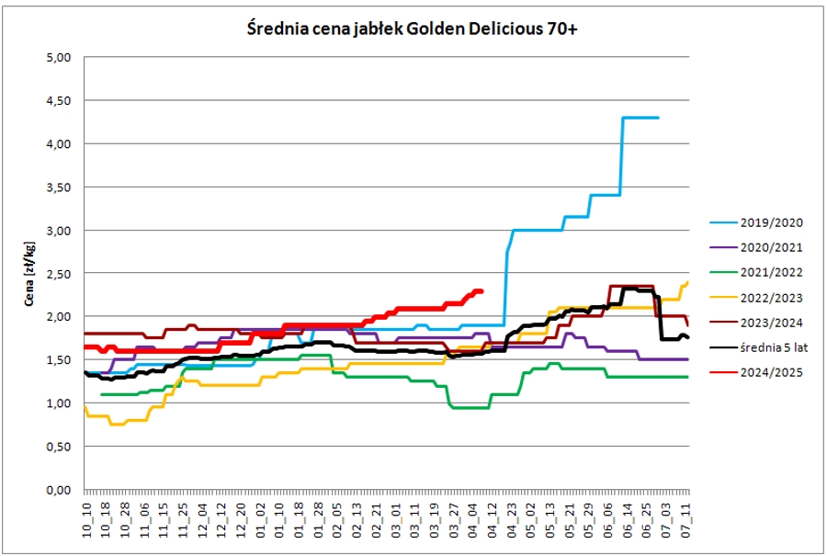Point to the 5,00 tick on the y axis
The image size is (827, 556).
pyautogui.click(x=59, y=57)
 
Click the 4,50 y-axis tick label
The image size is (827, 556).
pyautogui.click(x=59, y=100)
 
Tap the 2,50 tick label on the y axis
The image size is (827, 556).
pyautogui.click(x=59, y=273)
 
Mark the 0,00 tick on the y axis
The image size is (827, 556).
pyautogui.click(x=59, y=489)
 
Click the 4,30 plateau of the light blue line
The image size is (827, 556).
pyautogui.click(x=640, y=118)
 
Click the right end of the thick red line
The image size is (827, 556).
pyautogui.click(x=481, y=291)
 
